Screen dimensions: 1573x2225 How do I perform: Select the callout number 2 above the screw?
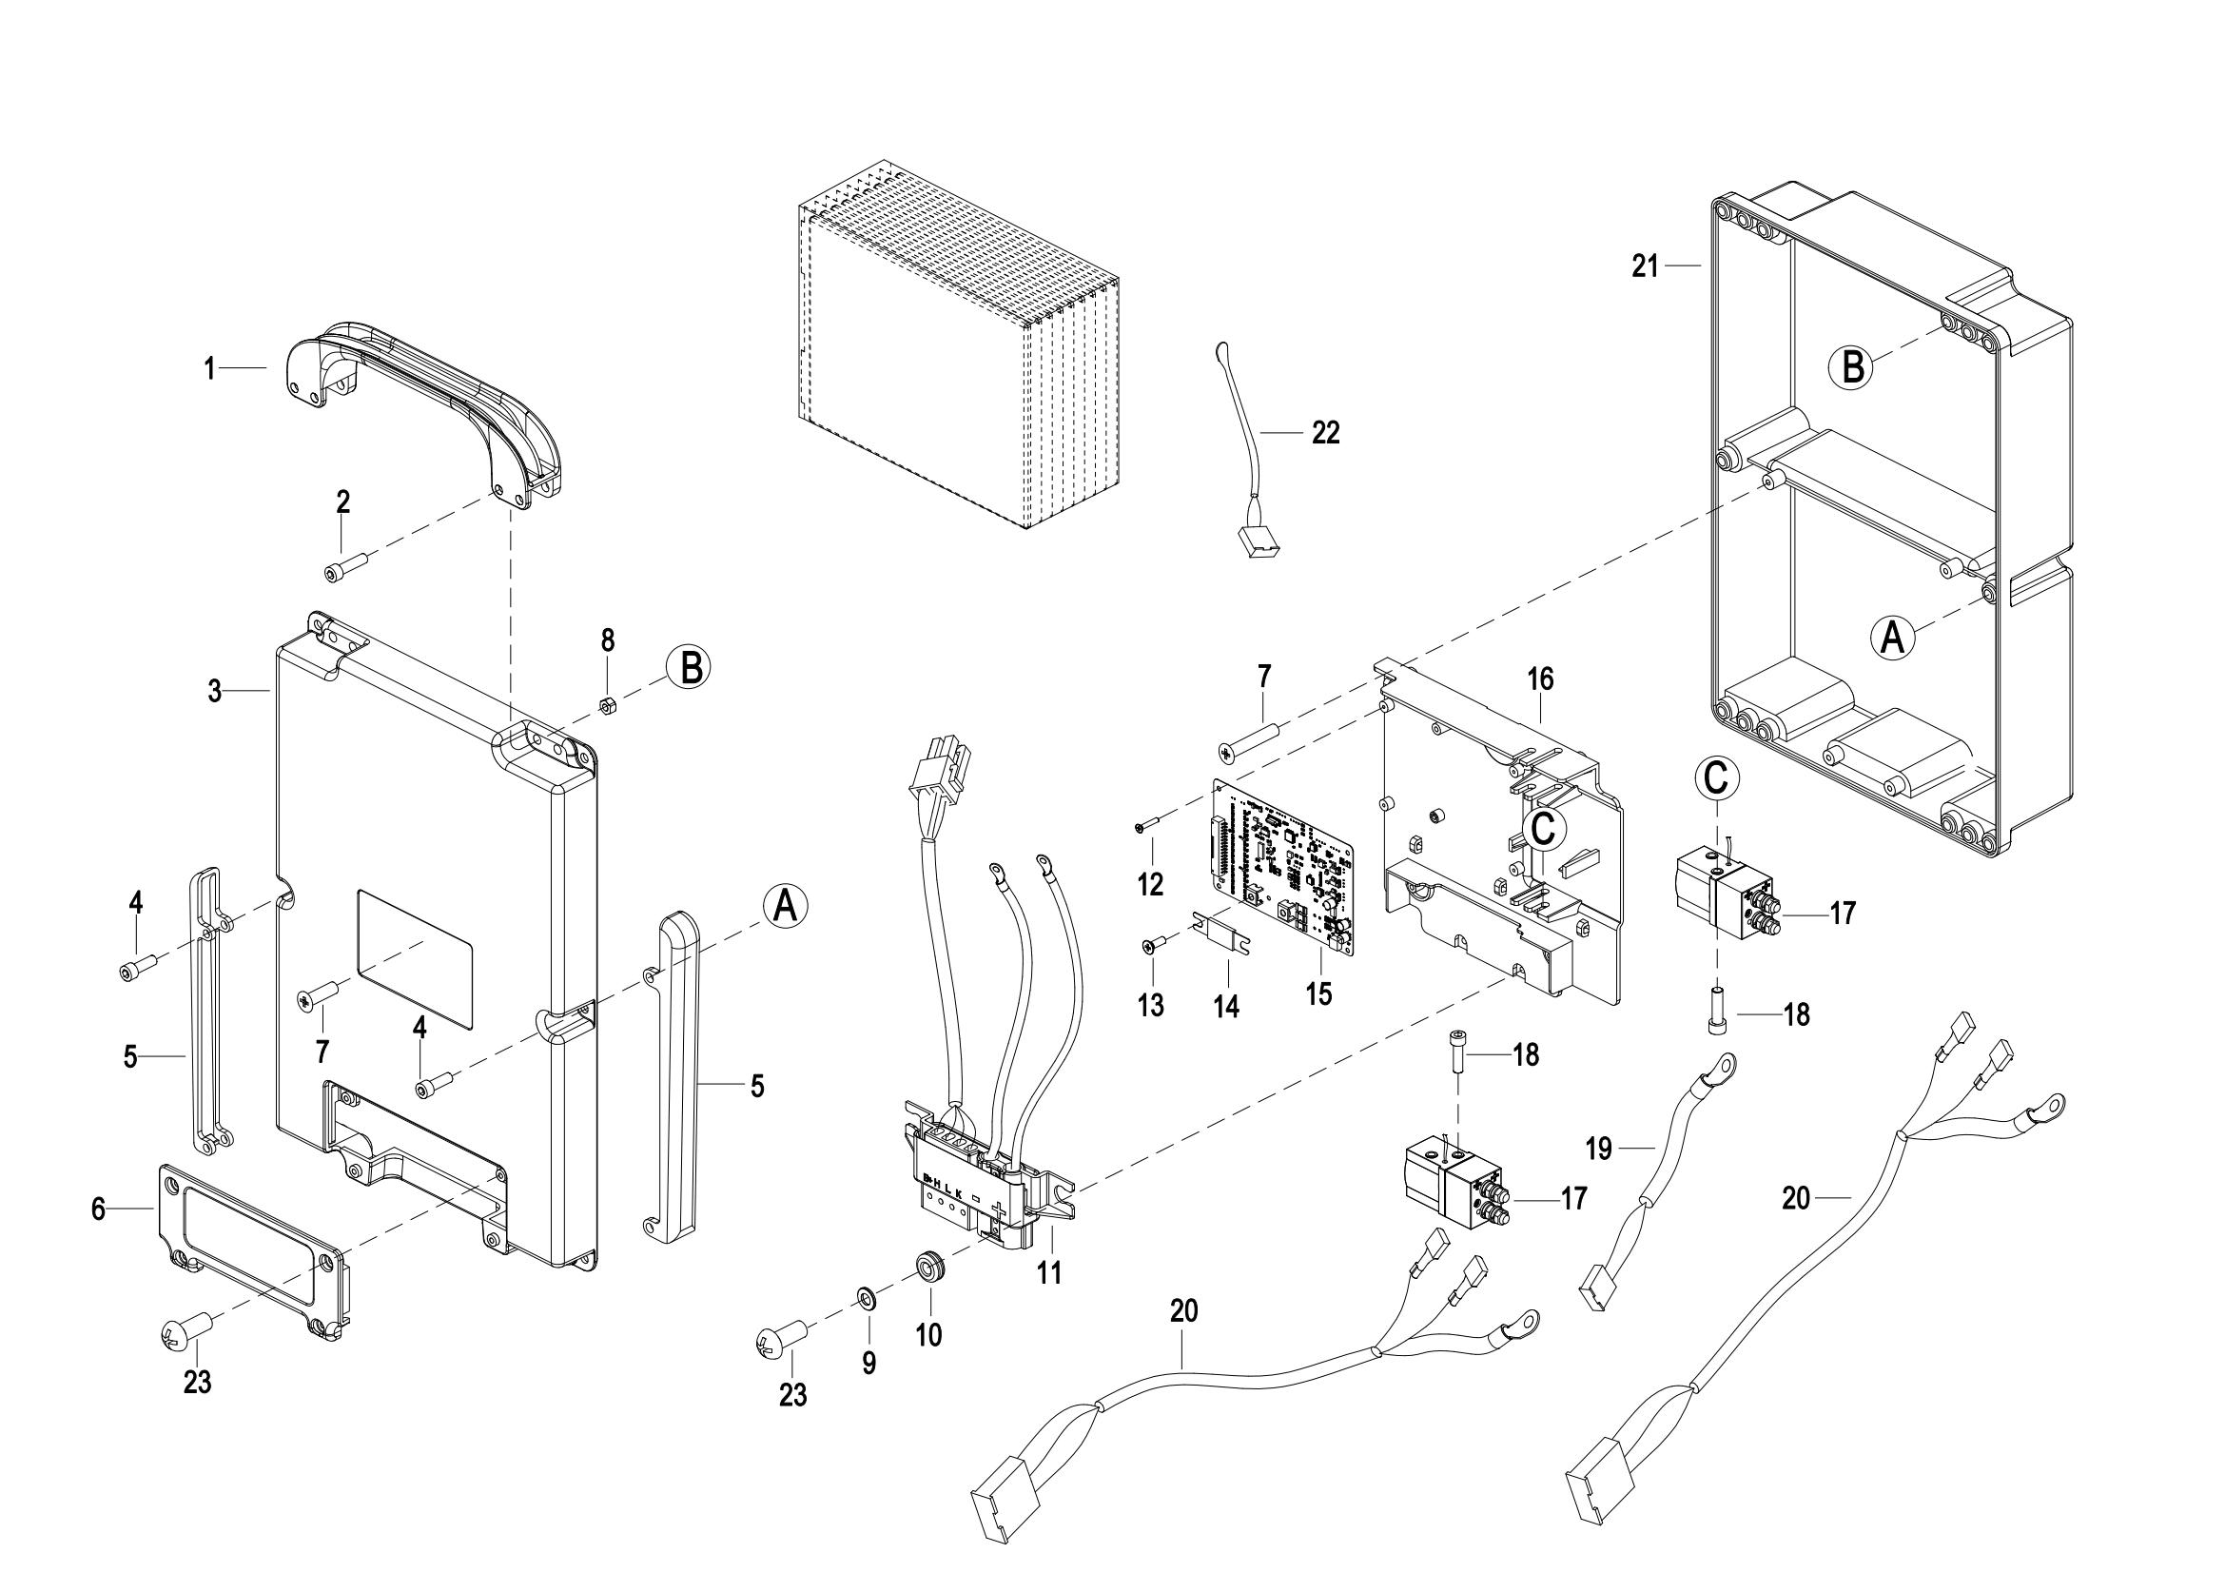[343, 502]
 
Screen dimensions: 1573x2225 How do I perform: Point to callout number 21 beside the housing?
[1646, 265]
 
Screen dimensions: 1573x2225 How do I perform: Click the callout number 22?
[1326, 433]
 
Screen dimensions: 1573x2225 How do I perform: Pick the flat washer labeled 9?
[864, 1297]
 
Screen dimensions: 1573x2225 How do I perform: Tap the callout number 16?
[1540, 679]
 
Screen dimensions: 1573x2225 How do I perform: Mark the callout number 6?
[98, 1209]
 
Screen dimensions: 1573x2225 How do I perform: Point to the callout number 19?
[1599, 1150]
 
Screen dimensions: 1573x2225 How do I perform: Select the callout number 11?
[1049, 1272]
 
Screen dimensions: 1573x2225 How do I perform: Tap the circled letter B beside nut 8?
[689, 669]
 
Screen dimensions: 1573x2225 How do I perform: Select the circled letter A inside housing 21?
[1892, 638]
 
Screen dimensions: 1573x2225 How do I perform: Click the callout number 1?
[209, 368]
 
